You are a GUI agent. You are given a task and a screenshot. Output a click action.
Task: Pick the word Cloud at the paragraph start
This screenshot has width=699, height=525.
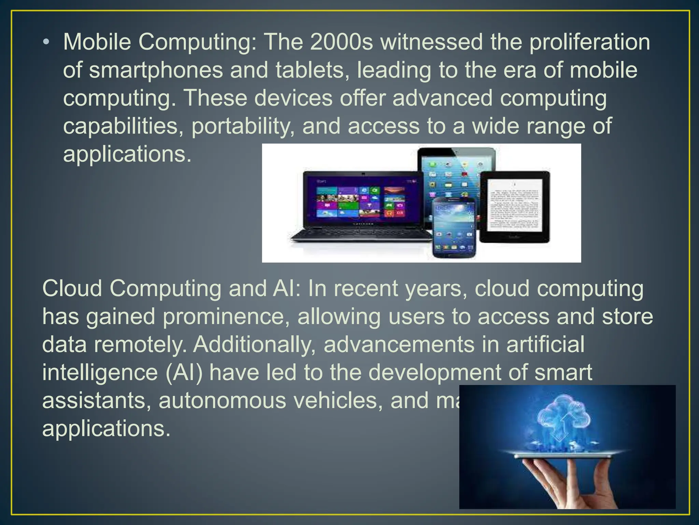(72, 288)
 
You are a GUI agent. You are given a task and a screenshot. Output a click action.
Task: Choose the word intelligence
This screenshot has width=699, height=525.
(100, 373)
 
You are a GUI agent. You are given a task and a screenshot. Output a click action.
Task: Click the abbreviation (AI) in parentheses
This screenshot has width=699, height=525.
(184, 373)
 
